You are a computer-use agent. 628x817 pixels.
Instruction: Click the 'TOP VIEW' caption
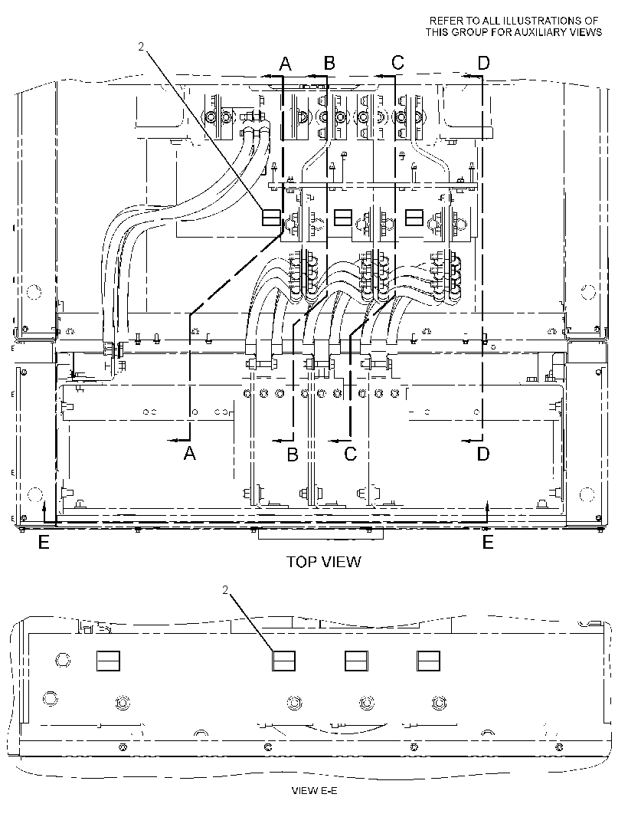(x=323, y=562)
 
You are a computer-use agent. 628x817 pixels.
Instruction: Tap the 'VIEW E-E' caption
(x=314, y=790)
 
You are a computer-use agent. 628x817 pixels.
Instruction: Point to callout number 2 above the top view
(x=141, y=47)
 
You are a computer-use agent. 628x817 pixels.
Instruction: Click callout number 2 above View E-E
(x=225, y=590)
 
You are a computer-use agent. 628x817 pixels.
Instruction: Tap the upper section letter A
(x=286, y=64)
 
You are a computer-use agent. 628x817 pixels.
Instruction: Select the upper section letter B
(x=329, y=63)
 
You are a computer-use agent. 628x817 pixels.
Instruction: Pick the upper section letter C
(x=397, y=63)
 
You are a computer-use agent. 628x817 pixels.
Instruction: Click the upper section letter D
(x=484, y=63)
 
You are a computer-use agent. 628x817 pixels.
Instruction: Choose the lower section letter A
(x=190, y=453)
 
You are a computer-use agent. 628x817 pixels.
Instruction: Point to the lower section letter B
(x=293, y=454)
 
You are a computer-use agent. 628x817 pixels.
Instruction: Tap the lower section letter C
(x=351, y=454)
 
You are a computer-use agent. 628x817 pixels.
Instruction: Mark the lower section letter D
(x=483, y=454)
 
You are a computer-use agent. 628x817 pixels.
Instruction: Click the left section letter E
(x=44, y=543)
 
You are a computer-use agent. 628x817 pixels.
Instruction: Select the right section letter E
(x=488, y=543)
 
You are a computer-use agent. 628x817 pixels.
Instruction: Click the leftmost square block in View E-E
(x=108, y=661)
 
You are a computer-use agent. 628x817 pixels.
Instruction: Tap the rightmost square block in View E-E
(x=429, y=661)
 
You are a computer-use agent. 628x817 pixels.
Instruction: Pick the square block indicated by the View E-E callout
(x=284, y=661)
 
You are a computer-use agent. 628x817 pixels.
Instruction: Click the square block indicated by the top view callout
(x=271, y=217)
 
